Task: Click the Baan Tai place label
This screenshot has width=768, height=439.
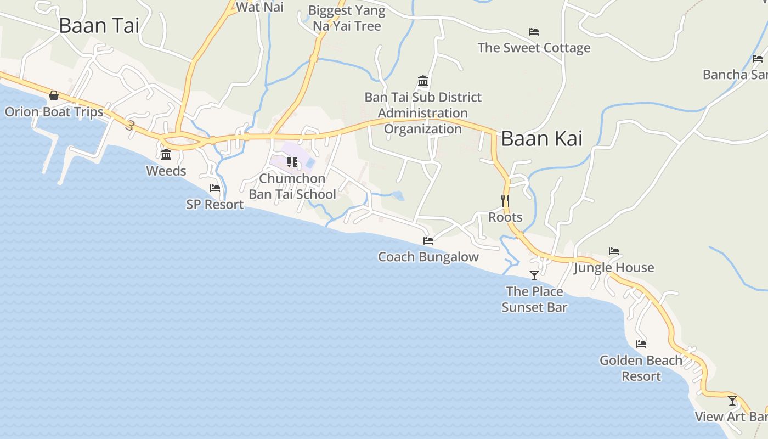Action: point(99,26)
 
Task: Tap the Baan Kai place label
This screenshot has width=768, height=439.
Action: point(541,139)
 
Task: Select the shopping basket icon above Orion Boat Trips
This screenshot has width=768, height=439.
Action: point(54,96)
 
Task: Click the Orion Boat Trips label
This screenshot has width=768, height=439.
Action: point(54,112)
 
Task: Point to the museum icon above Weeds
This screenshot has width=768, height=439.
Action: point(166,154)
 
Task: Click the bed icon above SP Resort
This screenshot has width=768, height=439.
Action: point(215,188)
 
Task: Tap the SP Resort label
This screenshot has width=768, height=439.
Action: point(214,205)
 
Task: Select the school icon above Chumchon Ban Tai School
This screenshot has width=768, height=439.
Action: point(292,162)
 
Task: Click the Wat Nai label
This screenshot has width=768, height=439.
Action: point(259,7)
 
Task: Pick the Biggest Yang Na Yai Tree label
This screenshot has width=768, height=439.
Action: point(347,18)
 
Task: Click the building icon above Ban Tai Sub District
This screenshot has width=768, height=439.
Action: point(423,81)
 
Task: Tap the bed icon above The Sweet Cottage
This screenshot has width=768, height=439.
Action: point(534,32)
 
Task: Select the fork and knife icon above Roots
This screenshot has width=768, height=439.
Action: point(505,201)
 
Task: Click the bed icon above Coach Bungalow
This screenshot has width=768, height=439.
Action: point(428,241)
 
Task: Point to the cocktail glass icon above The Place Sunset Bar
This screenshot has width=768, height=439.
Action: point(534,275)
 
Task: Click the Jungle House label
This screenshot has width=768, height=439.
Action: point(614,268)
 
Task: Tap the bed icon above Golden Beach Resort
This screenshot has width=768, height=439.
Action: point(641,345)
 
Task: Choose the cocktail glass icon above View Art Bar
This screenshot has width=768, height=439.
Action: point(732,401)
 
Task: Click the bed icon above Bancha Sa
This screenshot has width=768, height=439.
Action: point(758,59)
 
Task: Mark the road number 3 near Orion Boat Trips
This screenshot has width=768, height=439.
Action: point(130,125)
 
